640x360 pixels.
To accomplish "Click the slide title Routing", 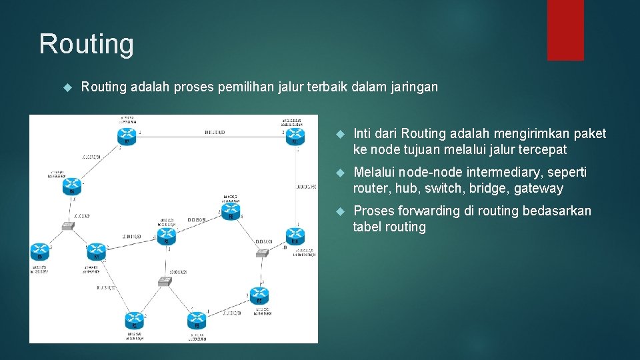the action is coord(87,44).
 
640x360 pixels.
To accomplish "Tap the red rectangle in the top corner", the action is coord(565,30).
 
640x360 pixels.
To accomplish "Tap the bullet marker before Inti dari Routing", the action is coord(339,135).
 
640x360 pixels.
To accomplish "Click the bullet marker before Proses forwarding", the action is coord(339,212).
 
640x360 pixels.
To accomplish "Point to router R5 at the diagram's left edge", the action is coord(39,251).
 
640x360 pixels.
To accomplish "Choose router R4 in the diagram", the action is coord(97,251).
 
